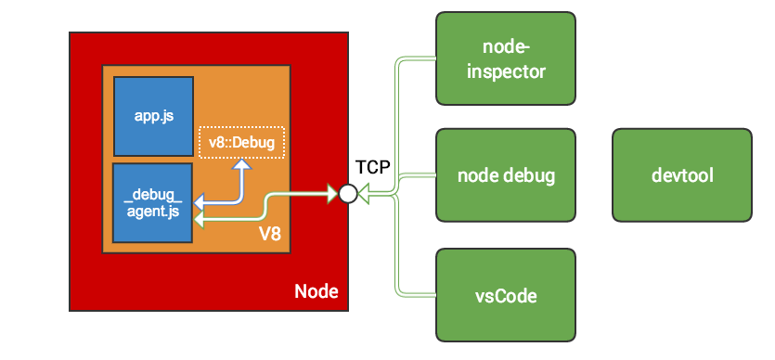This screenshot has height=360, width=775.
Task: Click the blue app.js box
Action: (153, 117)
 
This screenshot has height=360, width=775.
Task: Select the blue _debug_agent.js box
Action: (152, 202)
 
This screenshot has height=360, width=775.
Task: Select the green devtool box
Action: (681, 175)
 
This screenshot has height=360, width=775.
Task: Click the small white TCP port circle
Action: (348, 194)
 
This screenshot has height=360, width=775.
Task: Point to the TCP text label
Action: (373, 168)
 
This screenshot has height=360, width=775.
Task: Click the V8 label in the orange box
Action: (269, 234)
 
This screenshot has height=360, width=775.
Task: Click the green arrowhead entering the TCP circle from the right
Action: (364, 194)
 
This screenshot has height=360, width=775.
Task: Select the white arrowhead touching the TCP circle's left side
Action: (332, 194)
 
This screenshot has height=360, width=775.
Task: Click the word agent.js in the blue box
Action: (152, 211)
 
